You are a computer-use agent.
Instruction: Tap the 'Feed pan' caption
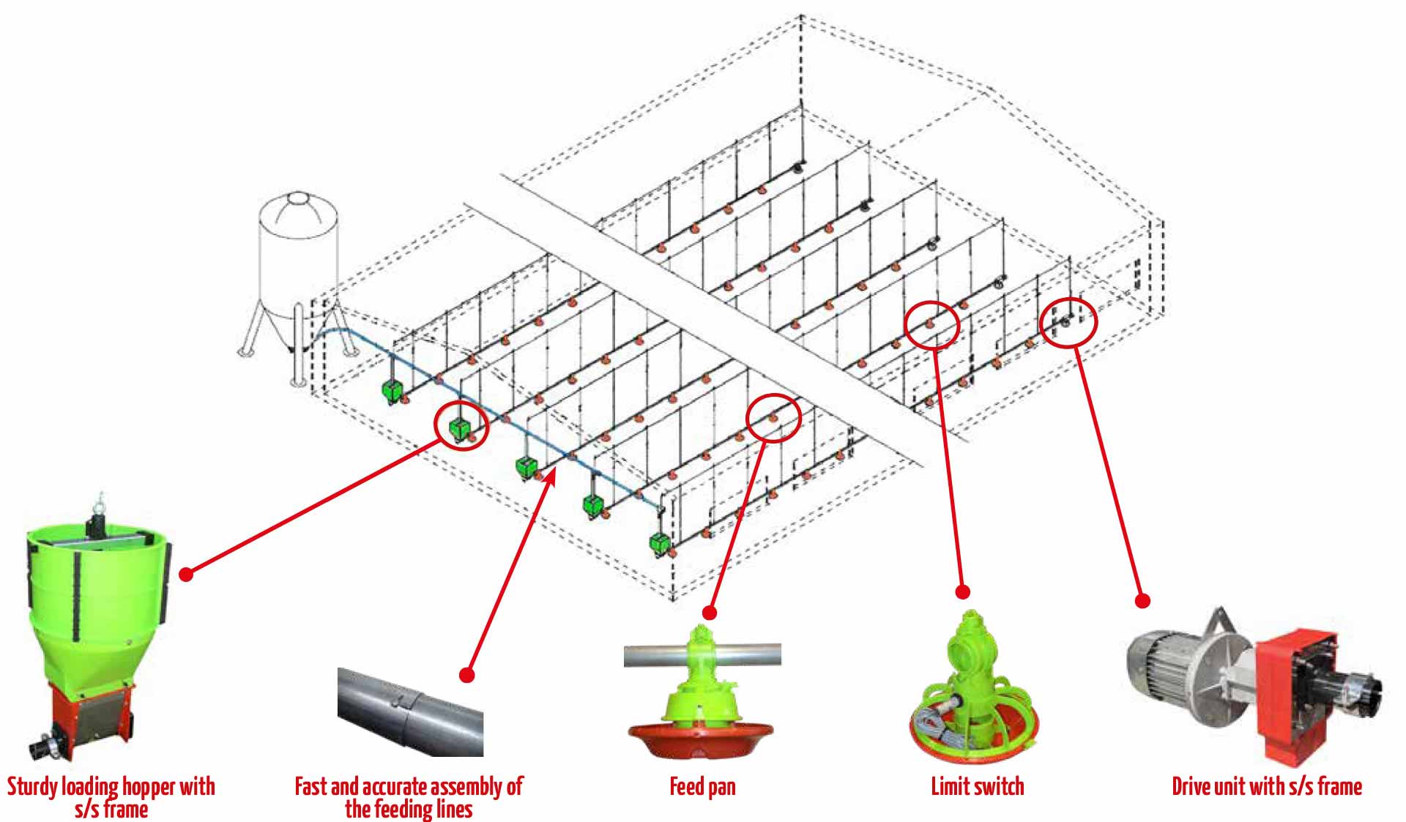[x=702, y=787]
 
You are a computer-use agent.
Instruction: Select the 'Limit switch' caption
[x=977, y=787]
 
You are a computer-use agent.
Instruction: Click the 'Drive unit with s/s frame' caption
[x=1266, y=787]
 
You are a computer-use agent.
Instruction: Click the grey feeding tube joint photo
[x=410, y=710]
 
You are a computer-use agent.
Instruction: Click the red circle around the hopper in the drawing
[x=461, y=425]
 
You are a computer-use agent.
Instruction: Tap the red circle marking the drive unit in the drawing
[x=1068, y=322]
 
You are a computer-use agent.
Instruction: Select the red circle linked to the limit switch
[x=931, y=325]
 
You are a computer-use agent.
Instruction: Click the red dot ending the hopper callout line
[x=186, y=575]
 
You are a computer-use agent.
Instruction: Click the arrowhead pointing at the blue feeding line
[x=552, y=476]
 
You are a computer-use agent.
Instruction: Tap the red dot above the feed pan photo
[x=709, y=612]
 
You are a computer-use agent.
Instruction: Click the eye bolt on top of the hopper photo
[x=97, y=504]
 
